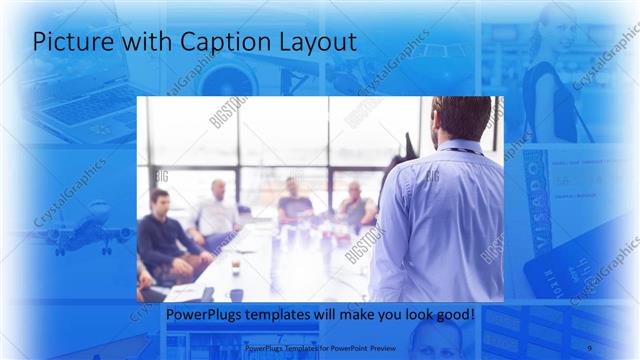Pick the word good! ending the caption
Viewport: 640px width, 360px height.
(x=453, y=315)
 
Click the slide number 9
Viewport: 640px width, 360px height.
(x=590, y=348)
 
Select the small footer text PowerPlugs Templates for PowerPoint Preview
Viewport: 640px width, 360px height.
(x=320, y=348)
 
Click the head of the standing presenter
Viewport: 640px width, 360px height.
(x=461, y=119)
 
